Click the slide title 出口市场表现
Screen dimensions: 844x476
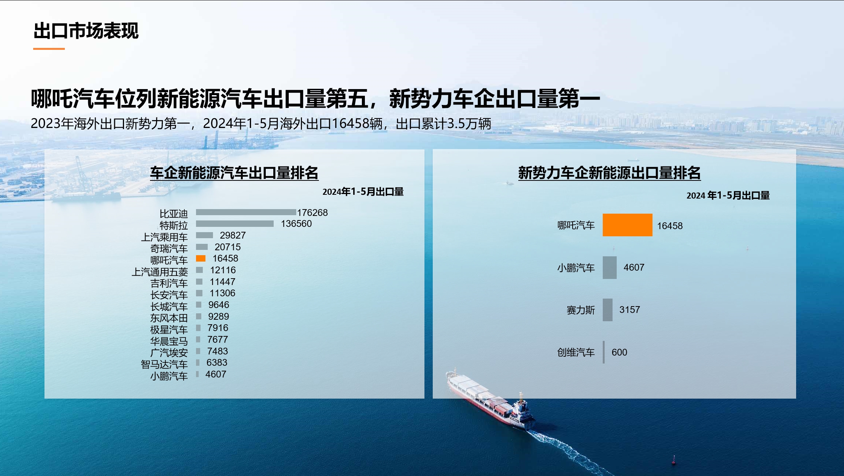(86, 31)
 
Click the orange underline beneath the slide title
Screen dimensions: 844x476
(49, 49)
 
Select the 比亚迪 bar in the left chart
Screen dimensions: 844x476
(246, 212)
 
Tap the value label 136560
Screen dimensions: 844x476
(296, 224)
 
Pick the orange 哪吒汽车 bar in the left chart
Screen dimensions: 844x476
(201, 259)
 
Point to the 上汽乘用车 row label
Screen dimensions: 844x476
(164, 237)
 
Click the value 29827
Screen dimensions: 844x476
(233, 236)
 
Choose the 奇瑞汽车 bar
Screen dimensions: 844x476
(202, 247)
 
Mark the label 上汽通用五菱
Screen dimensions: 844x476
(160, 272)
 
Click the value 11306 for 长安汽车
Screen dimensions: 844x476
(222, 293)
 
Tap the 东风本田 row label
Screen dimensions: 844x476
(169, 318)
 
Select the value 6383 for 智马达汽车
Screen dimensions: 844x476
(217, 363)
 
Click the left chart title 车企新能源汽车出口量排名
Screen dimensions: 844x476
(234, 173)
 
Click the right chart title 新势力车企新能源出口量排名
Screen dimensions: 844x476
(610, 173)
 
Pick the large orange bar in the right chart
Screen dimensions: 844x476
(628, 225)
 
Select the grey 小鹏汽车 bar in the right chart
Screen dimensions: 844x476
(610, 268)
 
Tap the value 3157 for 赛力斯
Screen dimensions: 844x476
(630, 310)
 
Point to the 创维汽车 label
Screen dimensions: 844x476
(576, 353)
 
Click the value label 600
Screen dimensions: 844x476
(619, 353)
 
